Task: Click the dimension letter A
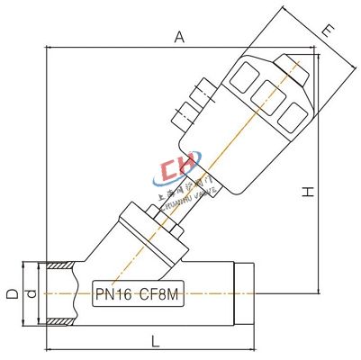(x=179, y=37)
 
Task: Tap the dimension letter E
(x=329, y=31)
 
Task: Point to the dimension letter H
(x=307, y=191)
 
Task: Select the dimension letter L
(x=156, y=342)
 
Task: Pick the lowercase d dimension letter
(x=29, y=293)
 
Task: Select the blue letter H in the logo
(x=189, y=173)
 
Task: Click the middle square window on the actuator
(x=266, y=94)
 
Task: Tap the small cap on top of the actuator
(x=290, y=64)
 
